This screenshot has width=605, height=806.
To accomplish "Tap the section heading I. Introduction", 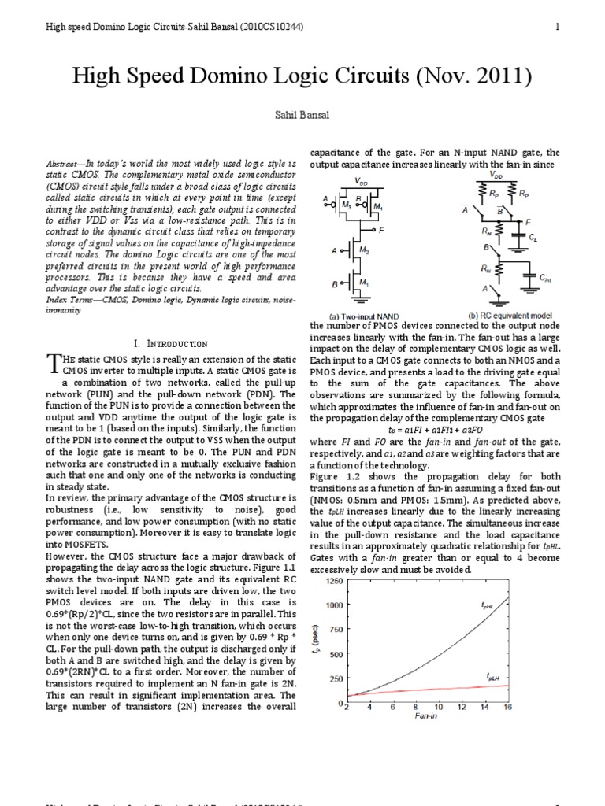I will click(170, 344).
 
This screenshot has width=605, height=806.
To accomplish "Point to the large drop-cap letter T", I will click(53, 363).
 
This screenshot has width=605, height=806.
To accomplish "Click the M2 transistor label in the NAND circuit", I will click(365, 250).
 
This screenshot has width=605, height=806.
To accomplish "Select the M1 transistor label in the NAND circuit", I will click(365, 283).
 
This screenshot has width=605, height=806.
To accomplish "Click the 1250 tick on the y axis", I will click(333, 581).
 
